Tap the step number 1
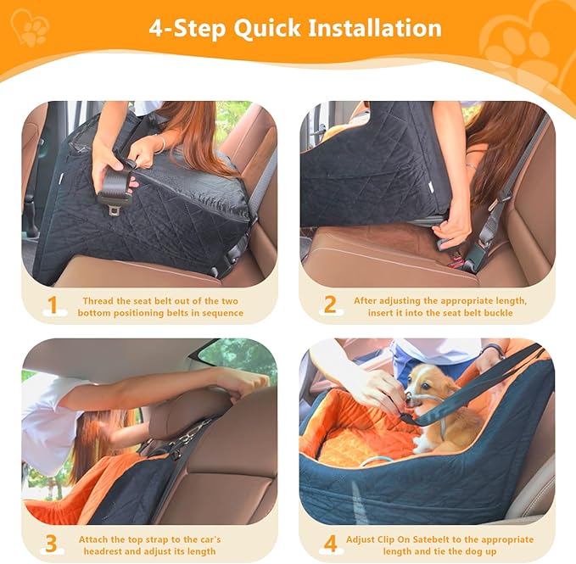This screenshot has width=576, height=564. click(52, 306)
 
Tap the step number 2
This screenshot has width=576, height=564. click(329, 306)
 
